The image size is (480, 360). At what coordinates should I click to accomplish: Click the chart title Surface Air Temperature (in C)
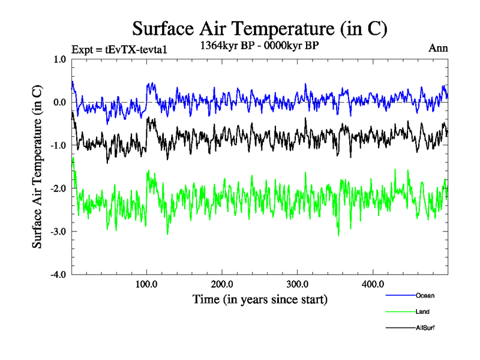pyautogui.click(x=260, y=29)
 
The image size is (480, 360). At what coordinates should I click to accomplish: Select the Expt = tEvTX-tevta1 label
pyautogui.click(x=118, y=49)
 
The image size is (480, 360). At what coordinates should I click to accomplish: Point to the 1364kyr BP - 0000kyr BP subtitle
pyautogui.click(x=260, y=45)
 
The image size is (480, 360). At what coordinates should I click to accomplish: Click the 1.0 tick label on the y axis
pyautogui.click(x=59, y=59)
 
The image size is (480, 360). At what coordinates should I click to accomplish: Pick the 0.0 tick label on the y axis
pyautogui.click(x=59, y=102)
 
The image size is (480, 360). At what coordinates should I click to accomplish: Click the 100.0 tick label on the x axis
pyautogui.click(x=146, y=284)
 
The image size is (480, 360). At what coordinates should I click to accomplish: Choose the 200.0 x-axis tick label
pyautogui.click(x=222, y=284)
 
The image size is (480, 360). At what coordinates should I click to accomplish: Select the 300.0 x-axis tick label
pyautogui.click(x=298, y=284)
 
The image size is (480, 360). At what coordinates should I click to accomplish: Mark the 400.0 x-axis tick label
pyautogui.click(x=373, y=284)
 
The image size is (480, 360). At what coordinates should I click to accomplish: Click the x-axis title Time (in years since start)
pyautogui.click(x=260, y=299)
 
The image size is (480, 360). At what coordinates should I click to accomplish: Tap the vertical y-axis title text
pyautogui.click(x=37, y=167)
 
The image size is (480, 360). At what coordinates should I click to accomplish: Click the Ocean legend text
pyautogui.click(x=424, y=296)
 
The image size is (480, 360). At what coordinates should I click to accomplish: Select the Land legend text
pyautogui.click(x=422, y=312)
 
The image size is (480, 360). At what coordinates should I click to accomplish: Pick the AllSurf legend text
pyautogui.click(x=425, y=328)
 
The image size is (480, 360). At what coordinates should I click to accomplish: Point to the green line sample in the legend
pyautogui.click(x=400, y=312)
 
